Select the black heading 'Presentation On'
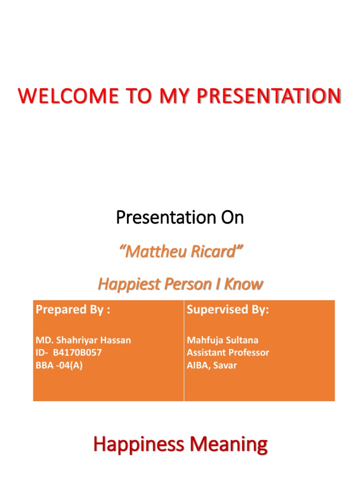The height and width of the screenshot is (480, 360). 180,217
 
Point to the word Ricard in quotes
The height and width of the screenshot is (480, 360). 214,252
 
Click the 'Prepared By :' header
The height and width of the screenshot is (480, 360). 73,310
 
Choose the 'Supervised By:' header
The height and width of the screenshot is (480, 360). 228,310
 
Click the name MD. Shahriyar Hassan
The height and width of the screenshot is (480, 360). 83,340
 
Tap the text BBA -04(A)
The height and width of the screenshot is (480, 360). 59,366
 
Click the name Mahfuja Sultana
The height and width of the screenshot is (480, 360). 222,340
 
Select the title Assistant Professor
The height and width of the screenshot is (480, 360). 228,353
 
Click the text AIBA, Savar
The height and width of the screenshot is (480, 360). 211,366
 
